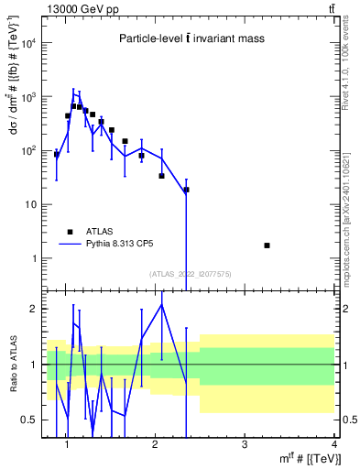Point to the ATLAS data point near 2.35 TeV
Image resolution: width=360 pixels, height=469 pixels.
click(x=186, y=190)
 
